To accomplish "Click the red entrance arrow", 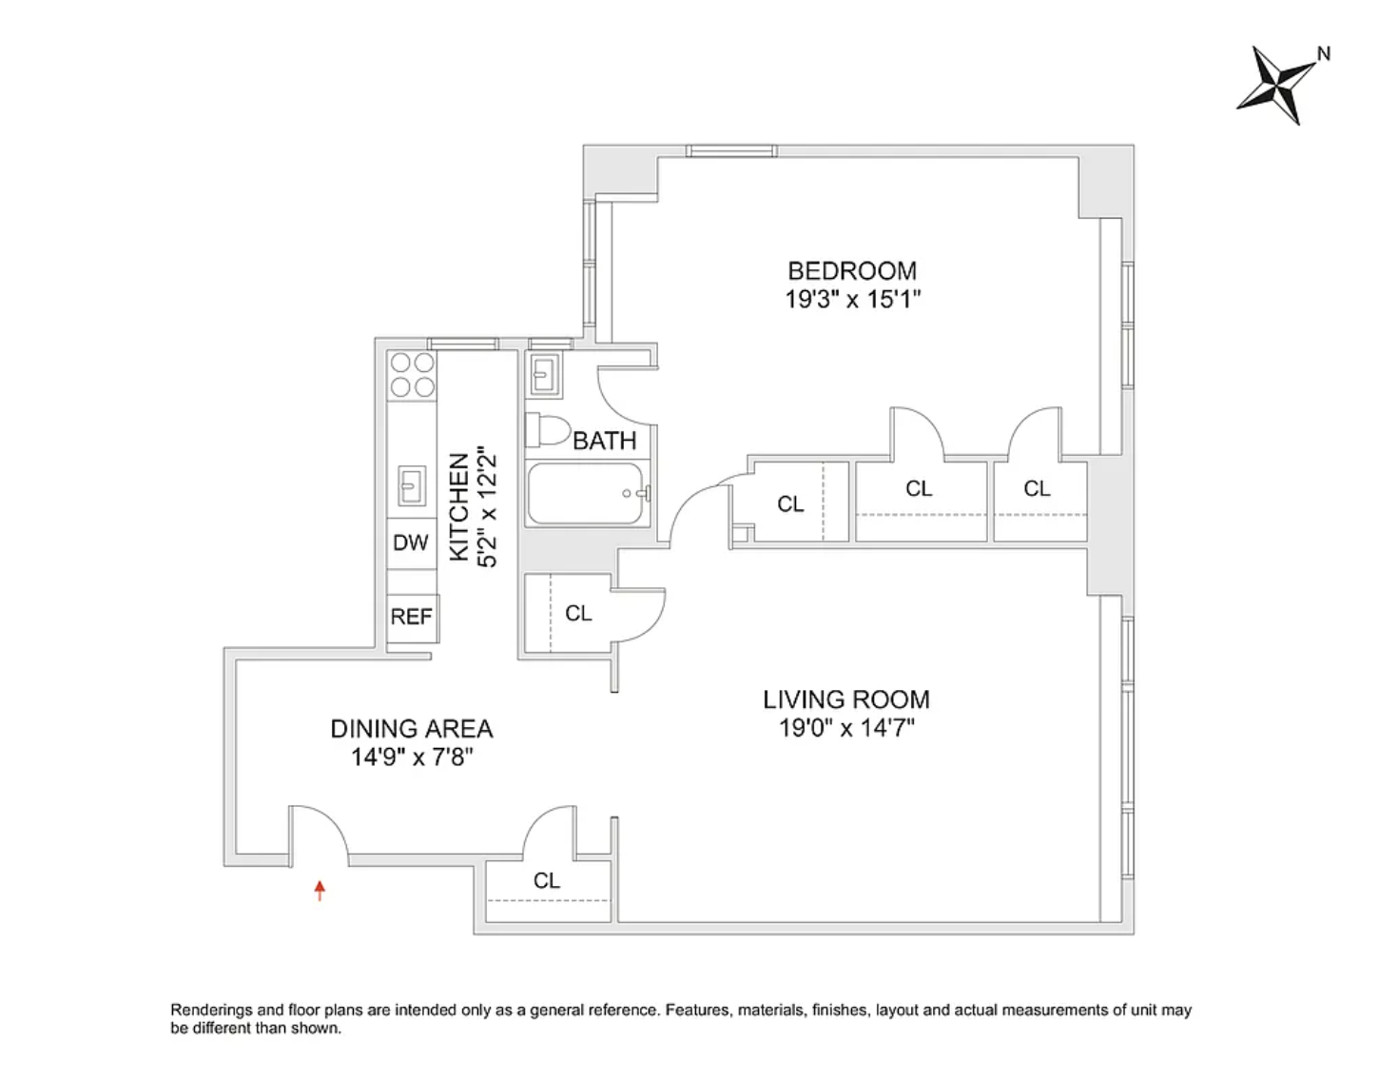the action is pos(320,890).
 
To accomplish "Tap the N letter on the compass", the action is pos(1323,54).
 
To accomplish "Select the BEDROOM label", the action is pos(852,271).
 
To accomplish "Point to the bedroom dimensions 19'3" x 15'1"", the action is pos(852,299).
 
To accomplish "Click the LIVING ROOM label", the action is pos(845,699).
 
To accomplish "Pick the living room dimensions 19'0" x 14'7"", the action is pos(845,727).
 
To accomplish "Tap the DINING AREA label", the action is pos(412,729).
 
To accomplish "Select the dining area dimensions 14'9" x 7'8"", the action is pos(412,757).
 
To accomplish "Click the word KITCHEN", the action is pos(458,506).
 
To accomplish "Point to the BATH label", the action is pos(604,441).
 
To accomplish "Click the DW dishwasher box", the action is pos(411,542).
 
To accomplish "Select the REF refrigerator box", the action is pos(412,617).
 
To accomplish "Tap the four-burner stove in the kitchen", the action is pos(413,375).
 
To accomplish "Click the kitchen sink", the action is pos(411,485).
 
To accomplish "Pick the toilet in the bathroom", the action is pos(547,430).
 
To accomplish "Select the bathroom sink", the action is pos(543,375).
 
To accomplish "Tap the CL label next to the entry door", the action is pos(547,880).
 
